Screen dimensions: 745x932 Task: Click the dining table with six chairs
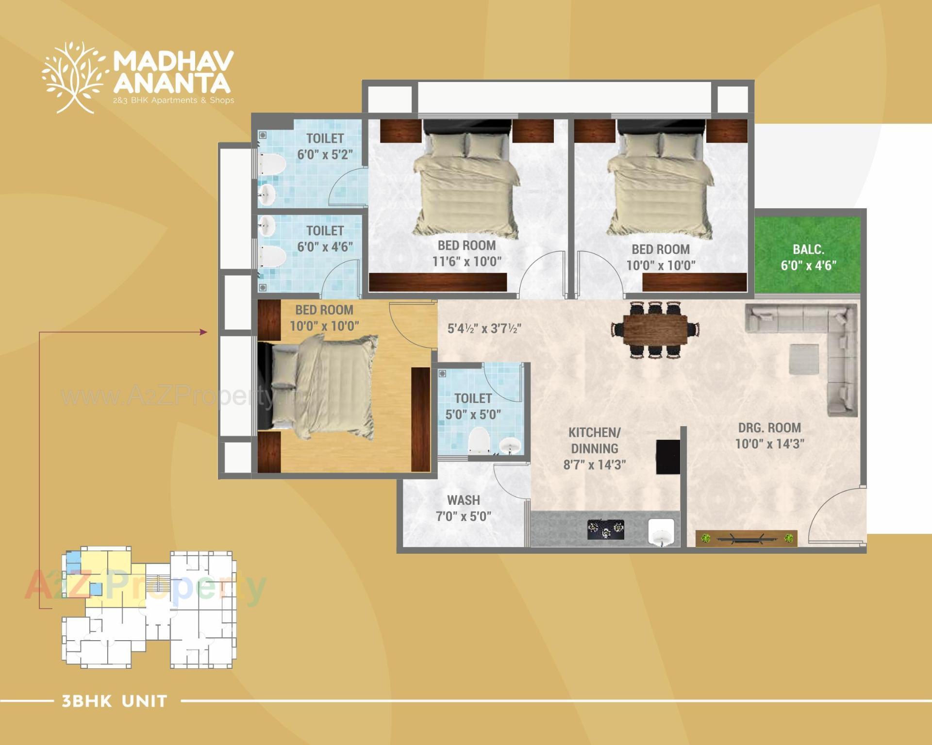point(655,330)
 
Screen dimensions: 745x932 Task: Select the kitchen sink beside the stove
point(661,532)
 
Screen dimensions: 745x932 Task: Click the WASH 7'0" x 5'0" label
point(464,508)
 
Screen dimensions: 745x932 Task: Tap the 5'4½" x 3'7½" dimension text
point(484,329)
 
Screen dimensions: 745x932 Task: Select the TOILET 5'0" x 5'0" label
point(473,406)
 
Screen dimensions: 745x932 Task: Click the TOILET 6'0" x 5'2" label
point(325,147)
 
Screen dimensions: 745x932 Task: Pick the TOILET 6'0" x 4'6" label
point(325,238)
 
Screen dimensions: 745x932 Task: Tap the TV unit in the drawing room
point(746,538)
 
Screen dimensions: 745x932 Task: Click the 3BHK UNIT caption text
point(115,701)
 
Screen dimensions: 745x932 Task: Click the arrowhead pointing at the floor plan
point(203,332)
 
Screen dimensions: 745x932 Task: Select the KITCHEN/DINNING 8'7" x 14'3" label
point(594,448)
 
